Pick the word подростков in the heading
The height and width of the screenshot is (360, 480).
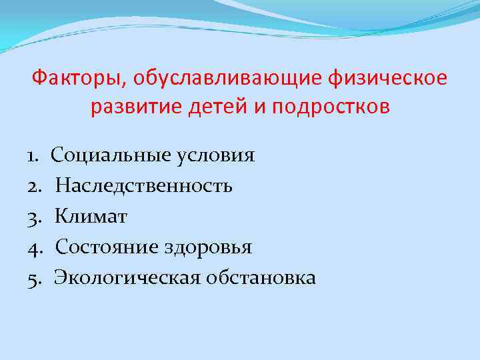(324, 107)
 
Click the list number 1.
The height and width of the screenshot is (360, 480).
(33, 156)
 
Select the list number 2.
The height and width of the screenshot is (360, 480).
(34, 186)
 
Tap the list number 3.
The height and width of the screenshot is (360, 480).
(34, 217)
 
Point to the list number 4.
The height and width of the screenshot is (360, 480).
(34, 247)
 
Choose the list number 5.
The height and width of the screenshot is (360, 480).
(34, 278)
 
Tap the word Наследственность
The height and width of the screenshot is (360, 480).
(144, 186)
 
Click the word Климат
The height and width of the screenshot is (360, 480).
(91, 217)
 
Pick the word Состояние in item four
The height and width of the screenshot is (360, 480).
(105, 247)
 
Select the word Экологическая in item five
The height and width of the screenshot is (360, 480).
(126, 278)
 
